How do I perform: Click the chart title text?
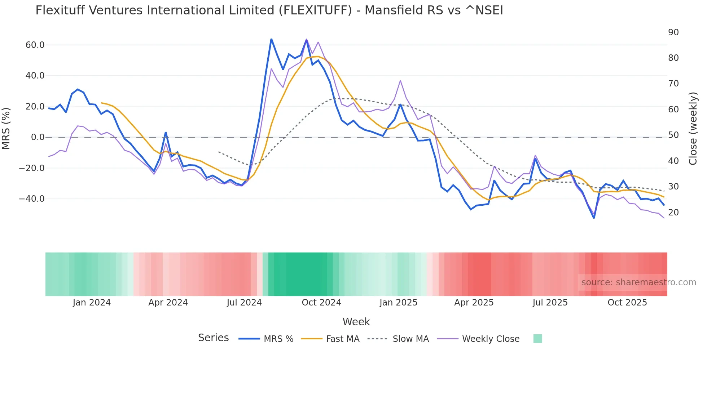click(269, 10)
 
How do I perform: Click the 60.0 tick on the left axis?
click(35, 45)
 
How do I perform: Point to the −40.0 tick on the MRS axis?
click(32, 199)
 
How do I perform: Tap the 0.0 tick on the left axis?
click(38, 137)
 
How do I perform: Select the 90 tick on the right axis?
click(673, 32)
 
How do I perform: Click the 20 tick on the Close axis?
click(673, 213)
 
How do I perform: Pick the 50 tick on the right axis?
click(673, 135)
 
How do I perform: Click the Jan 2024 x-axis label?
click(92, 303)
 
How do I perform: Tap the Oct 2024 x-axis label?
click(321, 303)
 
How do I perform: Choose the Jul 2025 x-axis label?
click(550, 303)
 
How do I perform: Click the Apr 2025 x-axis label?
click(474, 303)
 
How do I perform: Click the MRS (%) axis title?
click(6, 128)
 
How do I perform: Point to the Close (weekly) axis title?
click(693, 129)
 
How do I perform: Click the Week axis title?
click(356, 322)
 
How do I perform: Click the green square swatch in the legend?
click(537, 339)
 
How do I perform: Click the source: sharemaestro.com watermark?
click(638, 282)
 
